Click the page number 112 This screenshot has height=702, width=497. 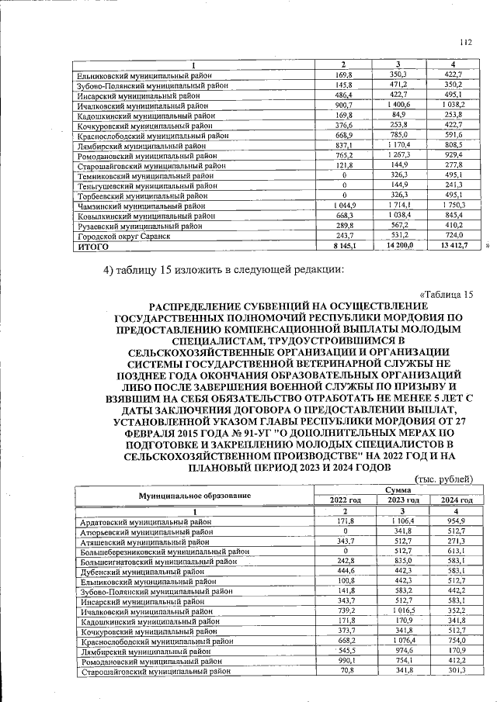pyautogui.click(x=465, y=43)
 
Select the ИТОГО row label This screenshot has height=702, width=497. pyautogui.click(x=91, y=246)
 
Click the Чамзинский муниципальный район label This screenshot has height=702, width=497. pyautogui.click(x=141, y=206)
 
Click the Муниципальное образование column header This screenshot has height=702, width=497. pyautogui.click(x=195, y=494)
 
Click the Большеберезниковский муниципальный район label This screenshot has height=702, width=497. pyautogui.click(x=164, y=552)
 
